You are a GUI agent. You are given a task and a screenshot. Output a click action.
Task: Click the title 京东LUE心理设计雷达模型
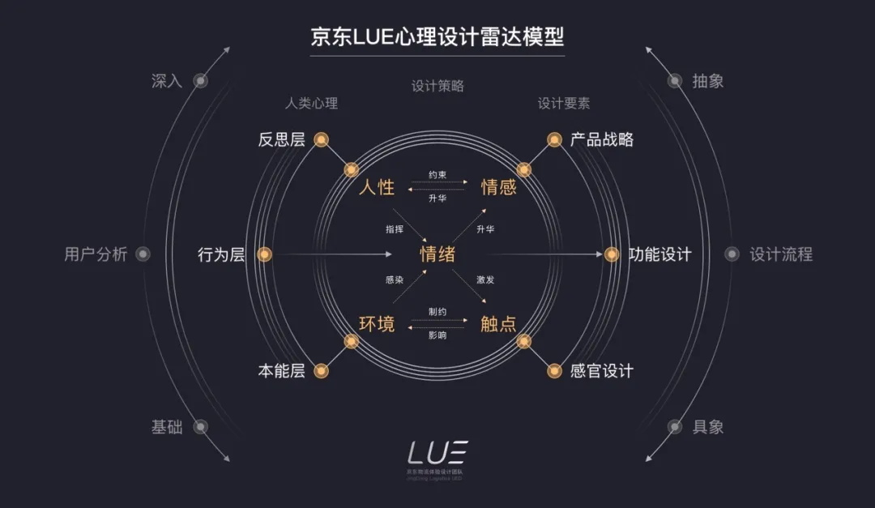click(437, 37)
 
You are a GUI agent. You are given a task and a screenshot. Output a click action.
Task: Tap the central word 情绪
click(437, 254)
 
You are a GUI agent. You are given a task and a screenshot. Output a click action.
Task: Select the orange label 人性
click(377, 188)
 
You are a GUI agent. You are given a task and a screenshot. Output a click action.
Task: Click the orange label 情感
click(498, 188)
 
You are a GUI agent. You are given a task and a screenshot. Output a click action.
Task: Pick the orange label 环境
click(377, 325)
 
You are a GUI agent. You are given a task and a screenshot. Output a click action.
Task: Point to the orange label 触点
click(498, 325)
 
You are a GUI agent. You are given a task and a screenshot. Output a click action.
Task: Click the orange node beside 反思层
click(321, 139)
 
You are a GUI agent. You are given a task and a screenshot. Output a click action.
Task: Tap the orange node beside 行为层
click(263, 254)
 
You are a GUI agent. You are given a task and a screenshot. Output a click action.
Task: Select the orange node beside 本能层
click(321, 371)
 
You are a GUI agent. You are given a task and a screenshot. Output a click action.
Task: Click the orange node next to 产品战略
click(554, 139)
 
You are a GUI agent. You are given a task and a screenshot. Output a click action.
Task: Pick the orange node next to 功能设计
click(612, 254)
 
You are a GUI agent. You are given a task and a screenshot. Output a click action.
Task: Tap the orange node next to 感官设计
click(554, 371)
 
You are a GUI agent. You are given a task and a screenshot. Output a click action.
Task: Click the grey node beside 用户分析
click(143, 254)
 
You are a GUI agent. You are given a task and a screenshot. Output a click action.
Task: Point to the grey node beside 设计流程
click(732, 254)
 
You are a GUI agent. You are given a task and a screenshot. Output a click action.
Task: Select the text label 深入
click(167, 81)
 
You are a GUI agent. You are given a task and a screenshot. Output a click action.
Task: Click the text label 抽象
click(707, 81)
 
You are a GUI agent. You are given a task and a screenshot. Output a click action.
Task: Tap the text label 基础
click(167, 427)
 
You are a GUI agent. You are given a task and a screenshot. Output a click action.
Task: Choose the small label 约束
click(437, 174)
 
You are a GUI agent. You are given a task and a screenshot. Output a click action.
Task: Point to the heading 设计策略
click(437, 87)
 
